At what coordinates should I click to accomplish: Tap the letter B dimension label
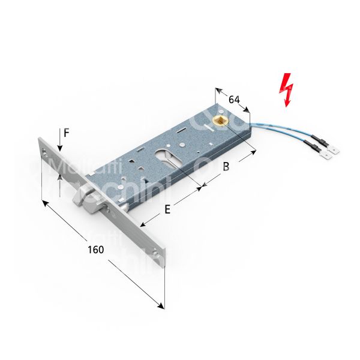[x=226, y=167]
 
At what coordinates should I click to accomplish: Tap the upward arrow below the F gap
[x=59, y=178]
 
